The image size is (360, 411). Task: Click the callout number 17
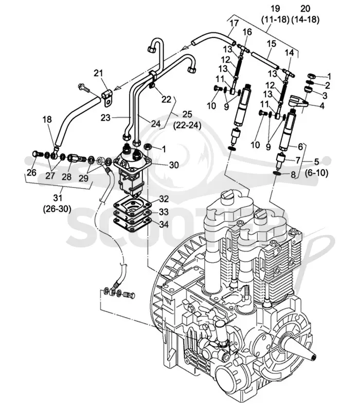coord(235,23)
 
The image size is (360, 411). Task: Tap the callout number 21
coord(98,73)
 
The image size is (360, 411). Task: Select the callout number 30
coord(174,165)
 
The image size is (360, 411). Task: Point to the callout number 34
coord(164,225)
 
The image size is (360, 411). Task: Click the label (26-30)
coord(57,209)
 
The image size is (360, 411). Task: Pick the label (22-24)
coord(187,125)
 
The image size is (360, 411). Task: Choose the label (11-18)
coord(275,20)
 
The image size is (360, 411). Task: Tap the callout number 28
coord(67,177)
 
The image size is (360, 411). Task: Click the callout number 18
coord(47,119)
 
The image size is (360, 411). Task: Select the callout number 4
coord(322,106)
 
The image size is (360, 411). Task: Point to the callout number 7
coord(298,160)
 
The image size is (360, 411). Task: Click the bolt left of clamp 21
coord(84,88)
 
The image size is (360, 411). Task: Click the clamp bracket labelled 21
coord(106,98)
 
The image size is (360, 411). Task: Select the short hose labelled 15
coord(265,60)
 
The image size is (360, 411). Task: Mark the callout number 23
coord(105,118)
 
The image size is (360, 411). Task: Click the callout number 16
coord(247,32)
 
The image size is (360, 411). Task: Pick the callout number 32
coord(164,199)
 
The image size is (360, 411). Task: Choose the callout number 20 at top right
coord(305,9)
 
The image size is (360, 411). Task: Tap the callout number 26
coord(32,173)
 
